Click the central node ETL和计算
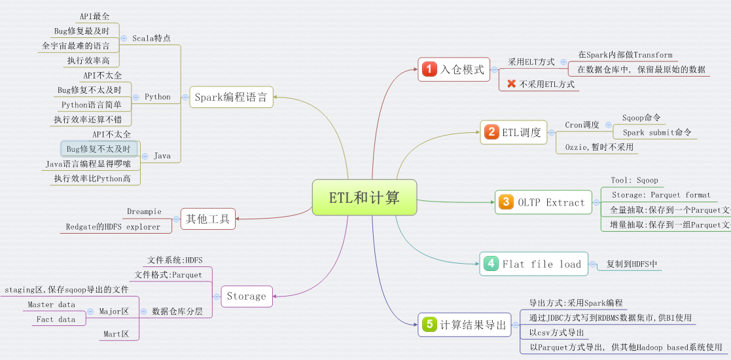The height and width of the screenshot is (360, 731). click(x=364, y=197)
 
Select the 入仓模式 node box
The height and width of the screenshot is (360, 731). click(x=454, y=69)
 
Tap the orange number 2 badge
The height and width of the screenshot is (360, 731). click(x=491, y=132)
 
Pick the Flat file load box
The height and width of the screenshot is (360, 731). click(x=533, y=264)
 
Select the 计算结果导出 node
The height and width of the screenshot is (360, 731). click(x=464, y=325)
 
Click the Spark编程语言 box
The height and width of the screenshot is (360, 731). click(x=231, y=98)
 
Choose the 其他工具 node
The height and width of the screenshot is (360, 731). click(x=207, y=219)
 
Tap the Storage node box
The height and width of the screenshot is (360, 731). click(x=246, y=296)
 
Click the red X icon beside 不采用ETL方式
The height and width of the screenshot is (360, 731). click(x=512, y=84)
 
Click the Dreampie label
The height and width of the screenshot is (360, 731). click(x=145, y=212)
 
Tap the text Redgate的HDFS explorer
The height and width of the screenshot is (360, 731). click(x=113, y=226)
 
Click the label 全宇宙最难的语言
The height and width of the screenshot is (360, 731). click(x=76, y=46)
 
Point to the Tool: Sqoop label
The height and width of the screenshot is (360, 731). click(x=634, y=180)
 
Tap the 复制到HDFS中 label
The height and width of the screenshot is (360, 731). click(x=632, y=264)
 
